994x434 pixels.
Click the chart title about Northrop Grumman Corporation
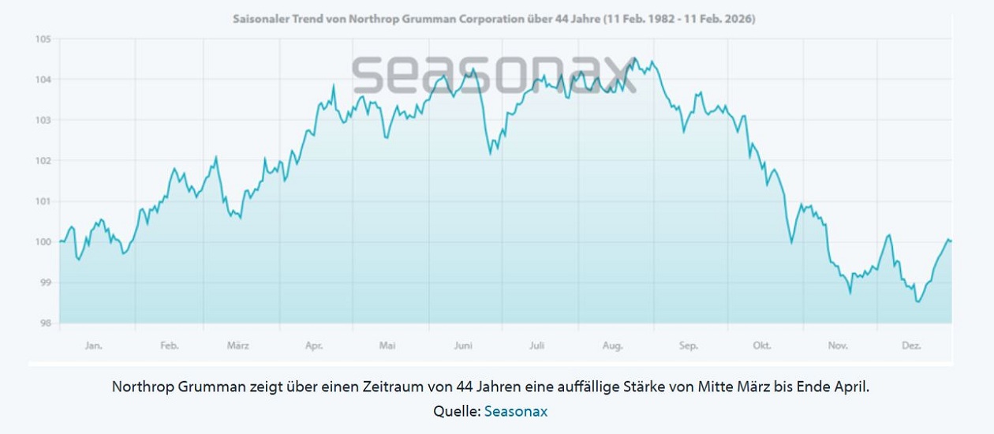[494, 18]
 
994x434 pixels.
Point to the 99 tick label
[45, 282]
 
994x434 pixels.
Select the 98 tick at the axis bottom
[45, 323]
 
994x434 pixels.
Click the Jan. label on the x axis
[94, 346]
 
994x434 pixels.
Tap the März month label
[238, 346]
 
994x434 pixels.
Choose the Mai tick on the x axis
[387, 346]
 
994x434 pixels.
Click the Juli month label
[537, 346]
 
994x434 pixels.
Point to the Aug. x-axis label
[613, 346]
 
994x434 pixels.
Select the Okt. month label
[762, 346]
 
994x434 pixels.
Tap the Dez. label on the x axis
[912, 346]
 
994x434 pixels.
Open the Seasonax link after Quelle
[515, 411]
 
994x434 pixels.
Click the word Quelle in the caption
[456, 411]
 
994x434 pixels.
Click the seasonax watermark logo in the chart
[494, 74]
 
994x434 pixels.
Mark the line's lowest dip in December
[918, 301]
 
